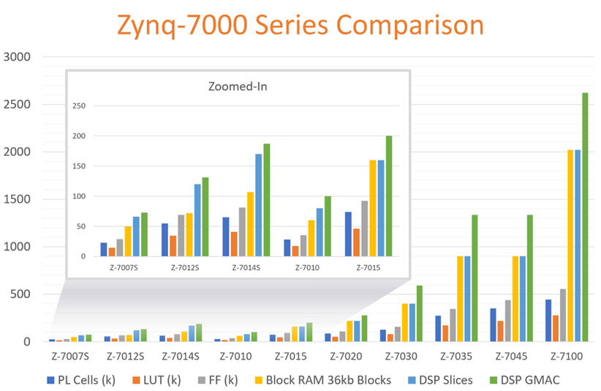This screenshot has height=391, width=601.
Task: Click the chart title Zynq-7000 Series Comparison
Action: point(300,26)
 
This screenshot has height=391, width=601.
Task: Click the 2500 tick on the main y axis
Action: point(18,104)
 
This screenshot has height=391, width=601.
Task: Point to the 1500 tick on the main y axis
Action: point(18,199)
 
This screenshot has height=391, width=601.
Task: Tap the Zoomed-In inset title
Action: point(238,86)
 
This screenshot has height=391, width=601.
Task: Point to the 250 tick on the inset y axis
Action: point(80,106)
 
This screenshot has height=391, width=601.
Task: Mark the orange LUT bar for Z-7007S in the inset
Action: point(112,252)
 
